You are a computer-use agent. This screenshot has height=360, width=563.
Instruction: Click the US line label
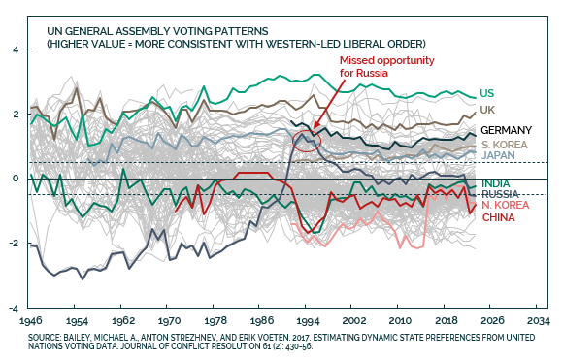click(487, 93)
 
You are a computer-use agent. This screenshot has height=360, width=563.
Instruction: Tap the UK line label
click(487, 110)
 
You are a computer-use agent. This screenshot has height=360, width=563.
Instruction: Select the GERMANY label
click(507, 130)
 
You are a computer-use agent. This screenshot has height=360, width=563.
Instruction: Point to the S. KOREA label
click(505, 145)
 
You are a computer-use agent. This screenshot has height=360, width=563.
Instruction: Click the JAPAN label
click(498, 155)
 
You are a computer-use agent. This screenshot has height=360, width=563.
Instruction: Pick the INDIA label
click(495, 183)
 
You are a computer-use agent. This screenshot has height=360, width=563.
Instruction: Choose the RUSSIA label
click(500, 194)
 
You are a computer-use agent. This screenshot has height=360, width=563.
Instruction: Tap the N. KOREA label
click(506, 205)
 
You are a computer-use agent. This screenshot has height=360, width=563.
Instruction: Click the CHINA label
click(498, 217)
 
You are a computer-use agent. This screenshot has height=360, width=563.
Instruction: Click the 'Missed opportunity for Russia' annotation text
click(386, 66)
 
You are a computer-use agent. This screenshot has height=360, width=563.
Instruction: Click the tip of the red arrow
click(314, 128)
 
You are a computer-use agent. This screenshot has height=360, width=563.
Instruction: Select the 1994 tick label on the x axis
click(308, 321)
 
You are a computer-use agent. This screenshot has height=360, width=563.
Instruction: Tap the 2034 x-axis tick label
click(539, 320)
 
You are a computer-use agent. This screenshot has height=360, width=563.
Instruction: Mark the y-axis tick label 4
click(16, 49)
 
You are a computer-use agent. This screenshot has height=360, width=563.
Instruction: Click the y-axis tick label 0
click(16, 179)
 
